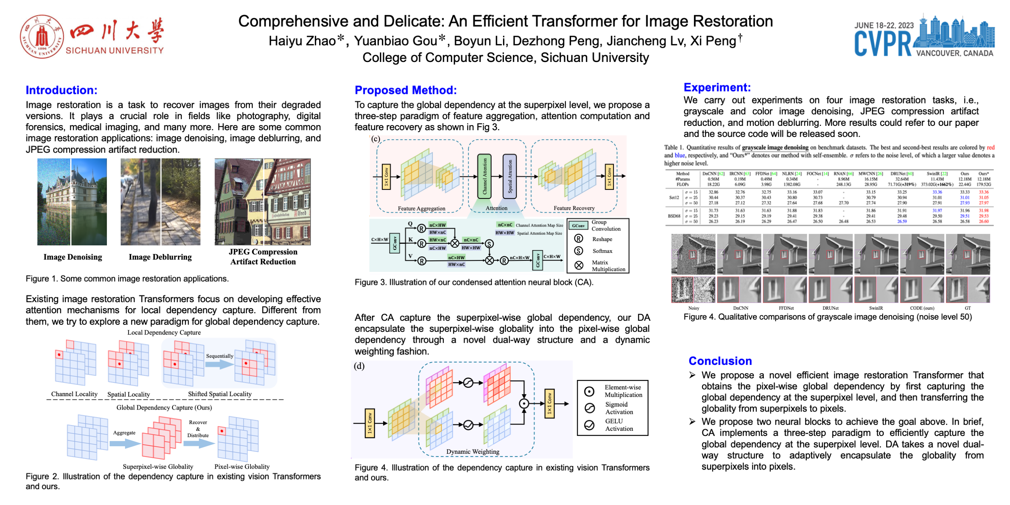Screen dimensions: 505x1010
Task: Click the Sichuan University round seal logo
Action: [x=42, y=37]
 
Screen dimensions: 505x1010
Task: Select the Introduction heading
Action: [x=61, y=90]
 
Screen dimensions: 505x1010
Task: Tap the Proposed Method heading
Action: [x=405, y=90]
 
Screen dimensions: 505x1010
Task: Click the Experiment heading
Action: [x=716, y=87]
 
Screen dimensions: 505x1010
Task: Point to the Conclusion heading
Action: [x=720, y=361]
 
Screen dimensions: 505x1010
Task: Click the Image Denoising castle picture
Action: [x=72, y=202]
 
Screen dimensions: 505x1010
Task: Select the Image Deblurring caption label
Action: [x=160, y=257]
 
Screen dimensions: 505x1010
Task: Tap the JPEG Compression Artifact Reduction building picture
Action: [x=262, y=202]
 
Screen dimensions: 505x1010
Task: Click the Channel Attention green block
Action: [x=484, y=176]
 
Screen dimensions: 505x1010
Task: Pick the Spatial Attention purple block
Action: [x=509, y=176]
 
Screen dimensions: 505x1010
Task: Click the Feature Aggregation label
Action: [x=421, y=208]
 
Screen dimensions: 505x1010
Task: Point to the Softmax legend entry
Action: [x=602, y=251]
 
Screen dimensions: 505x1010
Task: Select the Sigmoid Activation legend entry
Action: [x=619, y=408]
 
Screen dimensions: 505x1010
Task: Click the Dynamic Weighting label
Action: [x=472, y=451]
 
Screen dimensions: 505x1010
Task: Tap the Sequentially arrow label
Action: [x=219, y=356]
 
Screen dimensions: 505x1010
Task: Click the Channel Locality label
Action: [x=74, y=394]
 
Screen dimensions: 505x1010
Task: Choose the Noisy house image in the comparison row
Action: [x=693, y=254]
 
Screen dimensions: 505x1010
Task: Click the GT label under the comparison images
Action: [x=967, y=308]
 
